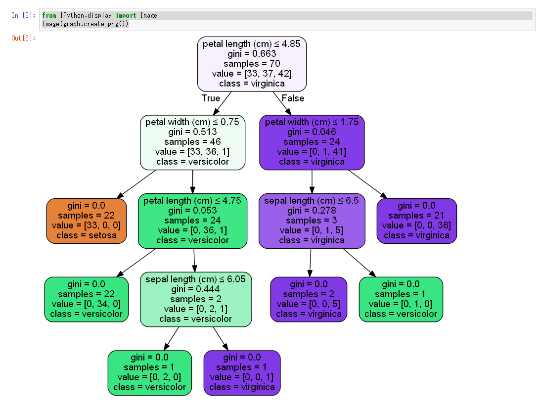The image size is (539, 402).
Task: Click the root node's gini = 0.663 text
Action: (252, 54)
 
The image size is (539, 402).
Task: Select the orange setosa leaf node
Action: (86, 221)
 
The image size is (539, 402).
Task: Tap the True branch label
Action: (211, 98)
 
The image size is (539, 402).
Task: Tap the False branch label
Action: (293, 98)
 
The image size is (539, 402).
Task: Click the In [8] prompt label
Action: (23, 15)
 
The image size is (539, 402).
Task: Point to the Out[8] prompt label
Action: (23, 38)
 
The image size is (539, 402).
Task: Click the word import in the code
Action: (127, 15)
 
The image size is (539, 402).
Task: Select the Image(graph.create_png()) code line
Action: (85, 24)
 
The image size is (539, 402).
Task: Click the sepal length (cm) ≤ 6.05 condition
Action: (196, 279)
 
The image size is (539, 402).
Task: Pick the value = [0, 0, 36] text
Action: (416, 225)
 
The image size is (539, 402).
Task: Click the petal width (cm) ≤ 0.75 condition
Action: (192, 122)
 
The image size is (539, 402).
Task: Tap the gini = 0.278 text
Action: (312, 211)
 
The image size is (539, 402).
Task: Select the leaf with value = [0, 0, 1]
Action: (242, 373)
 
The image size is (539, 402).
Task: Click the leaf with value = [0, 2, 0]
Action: (149, 373)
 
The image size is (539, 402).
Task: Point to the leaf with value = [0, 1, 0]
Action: (401, 299)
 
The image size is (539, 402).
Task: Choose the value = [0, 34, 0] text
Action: (86, 304)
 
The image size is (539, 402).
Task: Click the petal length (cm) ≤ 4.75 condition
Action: (192, 201)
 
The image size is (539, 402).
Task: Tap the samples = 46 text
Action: (192, 142)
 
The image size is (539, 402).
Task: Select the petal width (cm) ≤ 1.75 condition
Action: (312, 122)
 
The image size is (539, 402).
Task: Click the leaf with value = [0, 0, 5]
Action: (309, 299)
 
